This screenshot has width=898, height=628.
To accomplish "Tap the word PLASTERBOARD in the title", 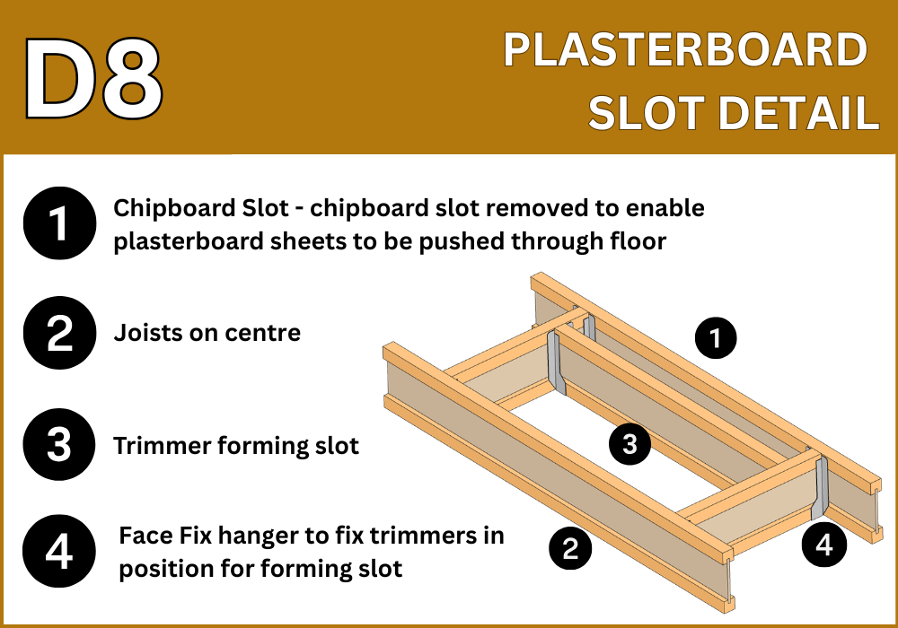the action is tap(685, 50).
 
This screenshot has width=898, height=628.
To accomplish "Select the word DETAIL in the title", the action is tap(798, 112).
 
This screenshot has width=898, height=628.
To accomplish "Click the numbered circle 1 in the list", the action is tap(59, 223).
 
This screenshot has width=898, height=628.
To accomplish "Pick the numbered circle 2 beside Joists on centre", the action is tap(59, 332).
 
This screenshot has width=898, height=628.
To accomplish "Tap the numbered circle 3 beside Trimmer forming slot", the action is tap(59, 444).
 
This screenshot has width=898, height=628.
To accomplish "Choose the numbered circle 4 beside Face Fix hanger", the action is tap(59, 552).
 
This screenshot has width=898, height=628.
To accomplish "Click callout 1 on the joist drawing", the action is tap(716, 337).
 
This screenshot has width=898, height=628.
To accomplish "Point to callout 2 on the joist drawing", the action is tap(570, 548).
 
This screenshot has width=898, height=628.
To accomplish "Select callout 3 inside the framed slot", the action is tap(630, 444).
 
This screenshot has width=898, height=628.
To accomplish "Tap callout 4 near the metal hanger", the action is tap(824, 545).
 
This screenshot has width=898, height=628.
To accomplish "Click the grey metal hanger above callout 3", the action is tap(556, 362).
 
